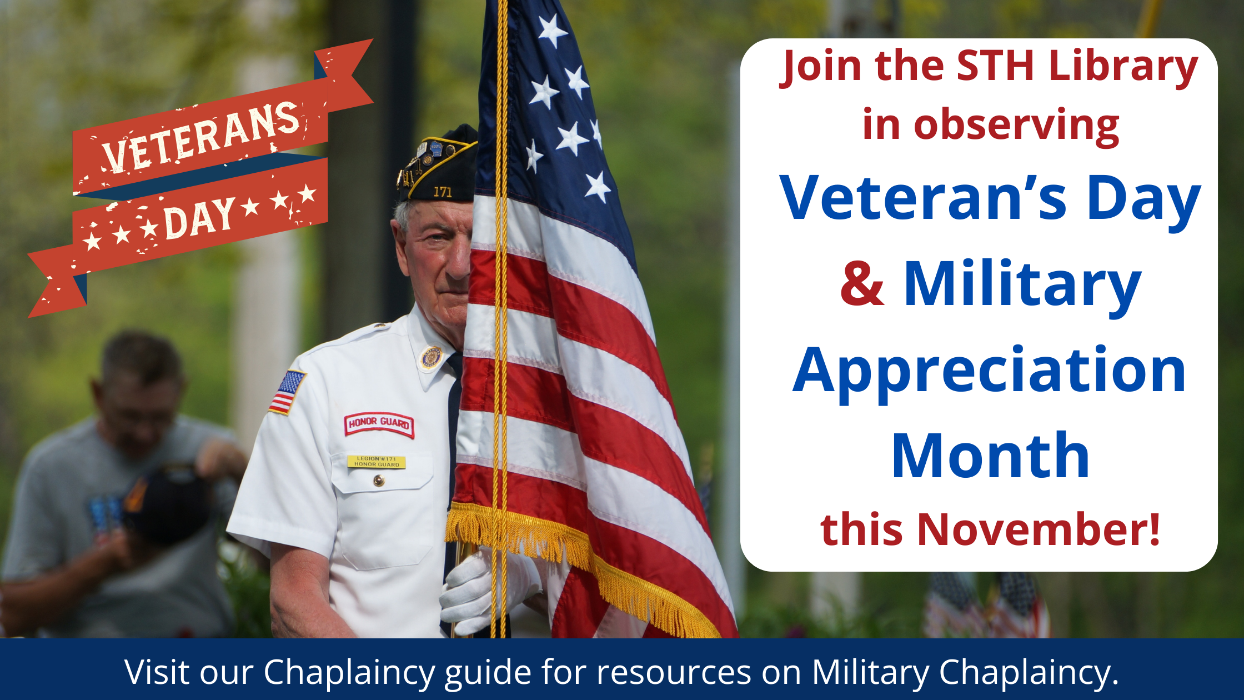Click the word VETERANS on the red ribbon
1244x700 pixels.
click(x=201, y=137)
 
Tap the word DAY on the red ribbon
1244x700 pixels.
click(x=200, y=218)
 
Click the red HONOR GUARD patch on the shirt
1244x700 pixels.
click(x=379, y=424)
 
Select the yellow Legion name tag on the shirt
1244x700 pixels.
click(x=377, y=462)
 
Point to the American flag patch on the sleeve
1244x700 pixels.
click(x=287, y=392)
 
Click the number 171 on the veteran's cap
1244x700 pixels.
click(x=443, y=192)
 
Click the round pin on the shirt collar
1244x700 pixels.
click(x=431, y=357)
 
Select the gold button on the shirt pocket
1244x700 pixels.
click(x=379, y=481)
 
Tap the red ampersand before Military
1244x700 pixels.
click(x=861, y=284)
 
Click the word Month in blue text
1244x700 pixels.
click(x=990, y=456)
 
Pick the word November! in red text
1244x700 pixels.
click(x=1039, y=529)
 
